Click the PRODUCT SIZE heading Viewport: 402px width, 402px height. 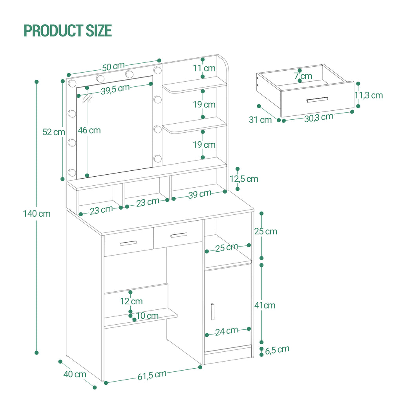pos(68,30)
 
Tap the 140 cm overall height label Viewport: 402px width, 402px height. pos(37,214)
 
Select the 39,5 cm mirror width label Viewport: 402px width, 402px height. pos(115,89)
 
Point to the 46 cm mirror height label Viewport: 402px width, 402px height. pos(89,130)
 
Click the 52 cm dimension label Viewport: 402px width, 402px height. pos(54,132)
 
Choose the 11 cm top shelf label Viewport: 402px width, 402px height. pos(204,68)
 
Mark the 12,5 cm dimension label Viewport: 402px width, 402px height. pos(244,179)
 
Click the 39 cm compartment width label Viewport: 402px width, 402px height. pos(200,194)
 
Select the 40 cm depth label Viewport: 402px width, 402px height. pos(75,374)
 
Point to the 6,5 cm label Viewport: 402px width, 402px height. pos(277,349)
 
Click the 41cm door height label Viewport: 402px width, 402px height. pos(265,305)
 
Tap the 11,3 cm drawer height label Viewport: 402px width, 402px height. pos(369,95)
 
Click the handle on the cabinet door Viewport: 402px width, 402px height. pos(212,312)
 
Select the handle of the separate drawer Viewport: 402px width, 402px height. pos(316,100)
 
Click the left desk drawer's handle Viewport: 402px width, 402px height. pos(128,243)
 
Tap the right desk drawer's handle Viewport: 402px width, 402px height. pos(179,235)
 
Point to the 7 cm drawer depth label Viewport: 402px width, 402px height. pos(303,76)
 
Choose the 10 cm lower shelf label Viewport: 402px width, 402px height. pos(147,316)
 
